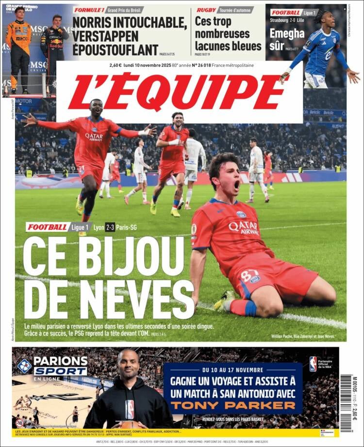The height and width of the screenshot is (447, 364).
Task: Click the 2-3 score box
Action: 110,227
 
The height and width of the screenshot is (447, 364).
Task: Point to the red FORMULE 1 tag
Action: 89,10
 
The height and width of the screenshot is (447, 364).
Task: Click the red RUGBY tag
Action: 206,10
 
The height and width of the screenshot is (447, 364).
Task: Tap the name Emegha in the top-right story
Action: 287,33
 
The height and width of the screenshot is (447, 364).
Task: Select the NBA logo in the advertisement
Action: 313,364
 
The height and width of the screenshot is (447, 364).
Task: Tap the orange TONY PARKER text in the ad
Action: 233,405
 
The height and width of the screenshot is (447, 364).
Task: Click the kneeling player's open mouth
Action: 236,185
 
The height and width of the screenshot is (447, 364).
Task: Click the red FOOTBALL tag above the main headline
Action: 48,227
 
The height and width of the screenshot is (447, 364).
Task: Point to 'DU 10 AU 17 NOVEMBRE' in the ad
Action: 233,370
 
